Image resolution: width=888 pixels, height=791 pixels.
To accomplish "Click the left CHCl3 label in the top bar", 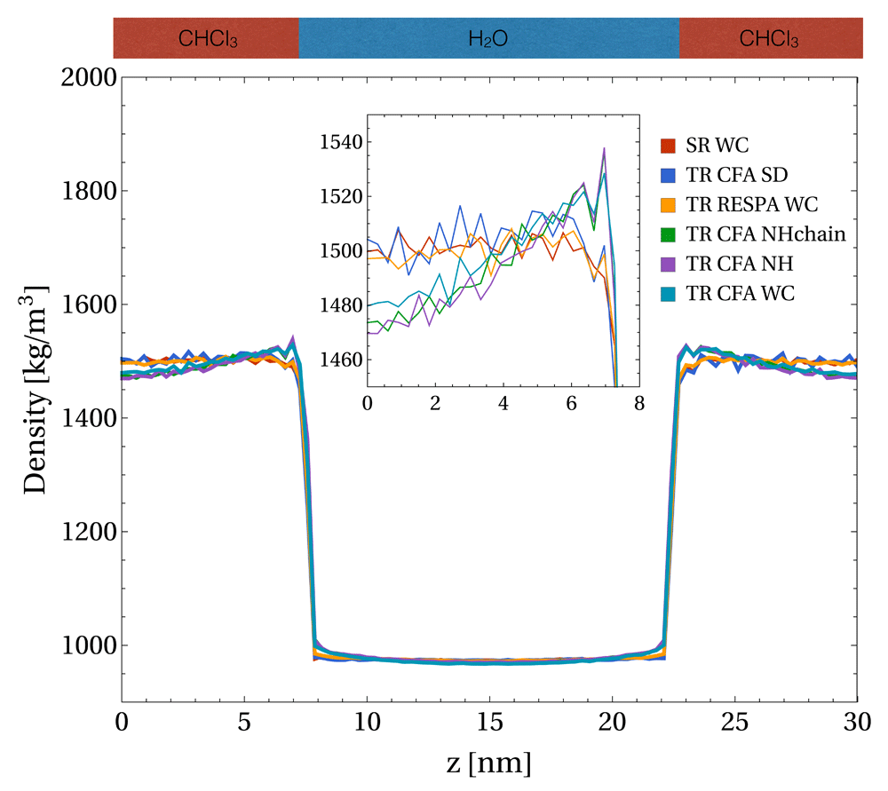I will pos(208,39).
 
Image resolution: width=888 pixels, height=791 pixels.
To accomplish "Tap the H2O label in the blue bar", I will pos(488,39).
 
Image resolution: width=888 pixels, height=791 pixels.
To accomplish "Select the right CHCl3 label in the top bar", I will pos(769,39).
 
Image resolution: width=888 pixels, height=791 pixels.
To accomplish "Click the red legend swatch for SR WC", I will pos(670,145).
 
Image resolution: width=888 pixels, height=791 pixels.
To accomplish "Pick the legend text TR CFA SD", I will pos(737,175).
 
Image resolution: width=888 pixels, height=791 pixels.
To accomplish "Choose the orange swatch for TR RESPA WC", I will pos(670,205).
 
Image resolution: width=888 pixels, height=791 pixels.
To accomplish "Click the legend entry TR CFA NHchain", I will pos(764,234).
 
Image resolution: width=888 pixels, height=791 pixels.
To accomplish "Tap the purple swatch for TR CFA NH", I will pos(670,264).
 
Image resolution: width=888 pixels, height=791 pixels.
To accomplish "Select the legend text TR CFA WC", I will pos(739,293).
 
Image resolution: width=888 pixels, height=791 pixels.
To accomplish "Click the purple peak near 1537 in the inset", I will pos(604,148).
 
